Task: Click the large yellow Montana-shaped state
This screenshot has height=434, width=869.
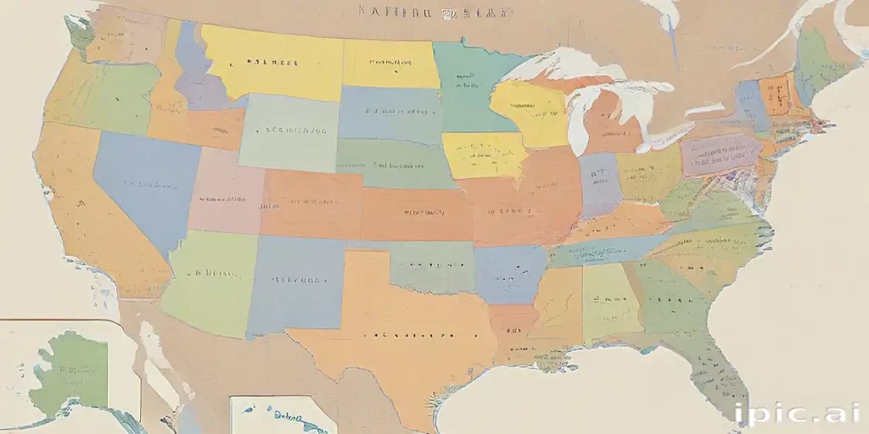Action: click(272, 61)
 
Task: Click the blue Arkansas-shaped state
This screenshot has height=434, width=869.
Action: click(509, 273)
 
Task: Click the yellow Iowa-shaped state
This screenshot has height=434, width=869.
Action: click(484, 154)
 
